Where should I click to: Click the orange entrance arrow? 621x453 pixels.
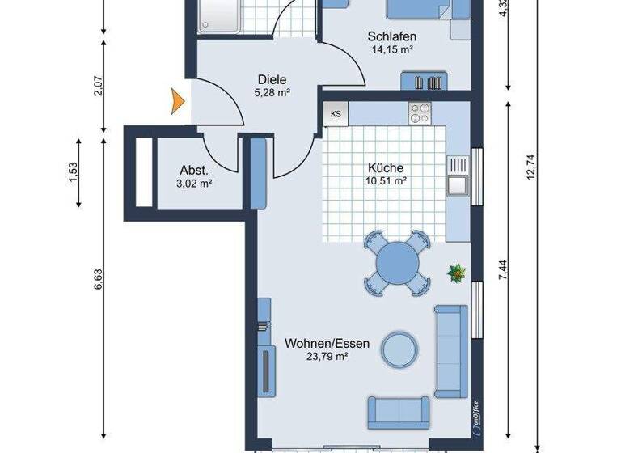pos(176,101)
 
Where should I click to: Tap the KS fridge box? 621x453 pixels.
pos(336,114)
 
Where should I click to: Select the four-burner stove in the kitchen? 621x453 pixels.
pos(420,113)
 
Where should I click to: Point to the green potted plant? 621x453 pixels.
pos(457,274)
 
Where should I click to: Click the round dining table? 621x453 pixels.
pos(395,262)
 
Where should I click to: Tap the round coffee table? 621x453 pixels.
pos(400,349)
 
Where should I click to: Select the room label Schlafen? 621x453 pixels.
pos(391,36)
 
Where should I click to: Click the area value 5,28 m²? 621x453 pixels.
pos(272,92)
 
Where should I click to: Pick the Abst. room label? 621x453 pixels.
pos(195,171)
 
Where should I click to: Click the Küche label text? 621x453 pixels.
pos(385,168)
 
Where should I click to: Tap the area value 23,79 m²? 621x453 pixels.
pos(327,356)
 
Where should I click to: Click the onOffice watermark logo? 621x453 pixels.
pos(475,417)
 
